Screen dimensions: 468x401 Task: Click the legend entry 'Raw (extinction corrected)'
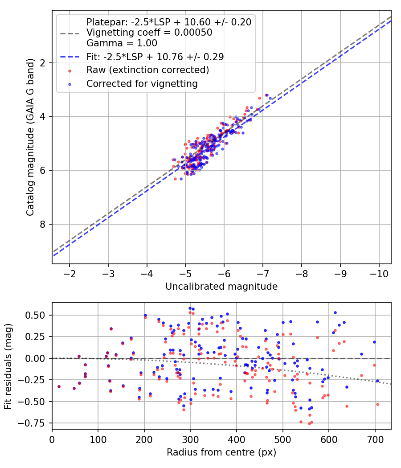pos(147,70)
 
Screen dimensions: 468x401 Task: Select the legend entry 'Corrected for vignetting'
pos(142,83)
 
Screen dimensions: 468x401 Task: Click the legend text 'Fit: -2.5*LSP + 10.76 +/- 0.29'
pos(155,57)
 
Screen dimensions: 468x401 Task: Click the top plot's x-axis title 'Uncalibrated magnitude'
pos(221,287)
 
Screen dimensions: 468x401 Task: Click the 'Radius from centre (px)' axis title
pos(221,452)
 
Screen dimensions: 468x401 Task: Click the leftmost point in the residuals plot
pos(59,386)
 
